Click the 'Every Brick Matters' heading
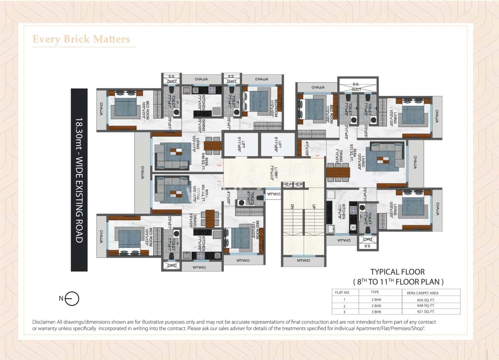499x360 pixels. click(x=81, y=39)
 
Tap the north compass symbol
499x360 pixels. click(x=72, y=299)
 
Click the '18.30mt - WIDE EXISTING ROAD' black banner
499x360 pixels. click(x=79, y=180)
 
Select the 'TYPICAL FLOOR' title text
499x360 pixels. click(x=397, y=272)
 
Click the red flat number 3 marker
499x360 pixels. click(x=317, y=156)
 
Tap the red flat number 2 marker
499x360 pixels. click(x=219, y=165)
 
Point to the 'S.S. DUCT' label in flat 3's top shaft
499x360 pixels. click(x=356, y=87)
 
